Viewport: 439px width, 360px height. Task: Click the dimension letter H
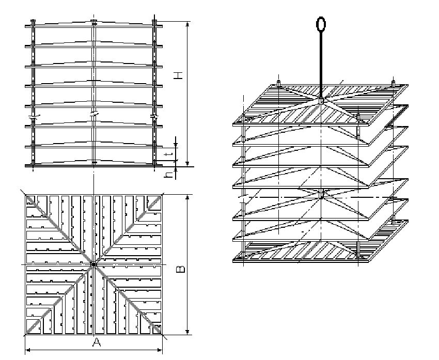[x=178, y=75]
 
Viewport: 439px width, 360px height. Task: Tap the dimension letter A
[x=96, y=342]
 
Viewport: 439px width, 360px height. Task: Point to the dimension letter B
[x=180, y=270]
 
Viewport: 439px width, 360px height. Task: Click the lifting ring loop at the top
[x=321, y=24]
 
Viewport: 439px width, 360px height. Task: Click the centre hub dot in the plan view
[x=94, y=264]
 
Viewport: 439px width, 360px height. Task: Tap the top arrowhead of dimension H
[x=187, y=24]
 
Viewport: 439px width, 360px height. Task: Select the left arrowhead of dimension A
[x=28, y=350]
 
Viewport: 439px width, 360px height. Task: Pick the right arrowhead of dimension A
[x=160, y=350]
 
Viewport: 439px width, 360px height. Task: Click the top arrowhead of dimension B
[x=187, y=197]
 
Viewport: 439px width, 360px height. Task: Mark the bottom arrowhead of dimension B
[x=187, y=332]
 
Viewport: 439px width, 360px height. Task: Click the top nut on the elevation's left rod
[x=33, y=21]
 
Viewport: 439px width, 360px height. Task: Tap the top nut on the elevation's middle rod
[x=94, y=21]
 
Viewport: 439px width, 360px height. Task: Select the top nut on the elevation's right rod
[x=154, y=21]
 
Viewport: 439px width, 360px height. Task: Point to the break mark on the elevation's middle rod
[x=94, y=115]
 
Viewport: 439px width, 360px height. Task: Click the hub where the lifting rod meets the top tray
[x=321, y=101]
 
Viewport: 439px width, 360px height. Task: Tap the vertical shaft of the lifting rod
[x=321, y=65]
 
